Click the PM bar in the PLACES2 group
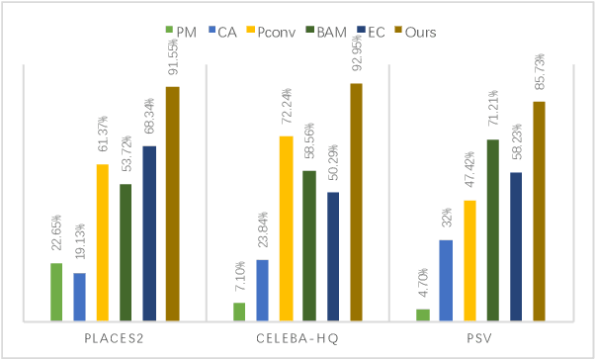[56, 292]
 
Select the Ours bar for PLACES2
[173, 204]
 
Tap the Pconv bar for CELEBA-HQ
[286, 228]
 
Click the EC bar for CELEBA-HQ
[333, 256]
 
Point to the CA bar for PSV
[446, 280]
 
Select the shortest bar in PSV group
[423, 315]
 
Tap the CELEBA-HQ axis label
[297, 339]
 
